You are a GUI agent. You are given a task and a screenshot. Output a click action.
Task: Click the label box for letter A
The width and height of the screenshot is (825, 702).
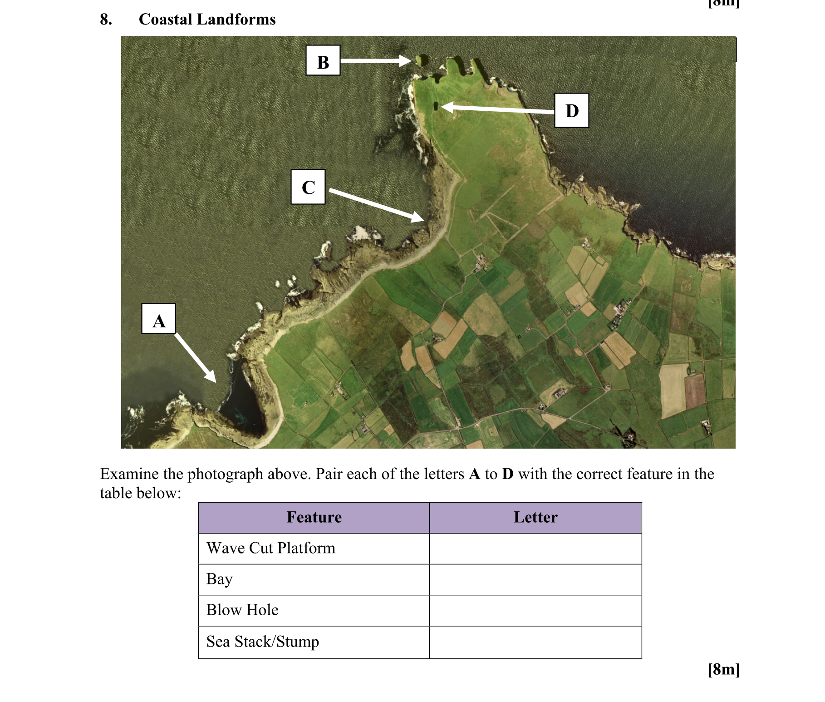point(158,319)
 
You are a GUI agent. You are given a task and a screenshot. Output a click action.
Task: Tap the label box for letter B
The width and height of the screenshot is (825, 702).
point(323,60)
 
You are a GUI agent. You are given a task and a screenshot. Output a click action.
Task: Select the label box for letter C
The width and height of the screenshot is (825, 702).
point(308,187)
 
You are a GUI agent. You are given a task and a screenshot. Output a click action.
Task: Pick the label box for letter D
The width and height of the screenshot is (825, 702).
point(571,110)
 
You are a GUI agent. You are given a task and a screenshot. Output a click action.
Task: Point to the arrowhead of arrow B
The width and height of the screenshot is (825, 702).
point(410,60)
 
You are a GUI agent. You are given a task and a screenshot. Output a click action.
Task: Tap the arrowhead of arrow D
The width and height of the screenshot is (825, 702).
point(442,107)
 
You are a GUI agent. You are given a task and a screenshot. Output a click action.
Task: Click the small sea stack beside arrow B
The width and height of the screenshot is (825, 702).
point(422,59)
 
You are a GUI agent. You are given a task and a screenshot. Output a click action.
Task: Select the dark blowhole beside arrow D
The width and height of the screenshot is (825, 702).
point(436,106)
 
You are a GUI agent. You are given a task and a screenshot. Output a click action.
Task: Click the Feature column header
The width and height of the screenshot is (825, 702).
point(314,517)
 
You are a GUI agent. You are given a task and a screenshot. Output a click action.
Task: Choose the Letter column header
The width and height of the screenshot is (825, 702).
point(535,517)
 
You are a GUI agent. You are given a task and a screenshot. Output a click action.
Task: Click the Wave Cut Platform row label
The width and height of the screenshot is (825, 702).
point(270,548)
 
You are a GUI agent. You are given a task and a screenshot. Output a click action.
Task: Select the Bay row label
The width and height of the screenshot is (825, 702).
point(219,579)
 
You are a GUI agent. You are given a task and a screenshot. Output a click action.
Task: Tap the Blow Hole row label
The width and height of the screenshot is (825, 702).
point(242,610)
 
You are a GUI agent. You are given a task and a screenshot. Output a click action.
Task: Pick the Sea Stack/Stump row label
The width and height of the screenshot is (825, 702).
point(262,642)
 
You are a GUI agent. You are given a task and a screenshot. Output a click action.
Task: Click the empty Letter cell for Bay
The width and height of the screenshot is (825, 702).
point(535,579)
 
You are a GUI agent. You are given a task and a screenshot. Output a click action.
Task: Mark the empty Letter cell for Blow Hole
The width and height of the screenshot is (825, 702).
point(535,610)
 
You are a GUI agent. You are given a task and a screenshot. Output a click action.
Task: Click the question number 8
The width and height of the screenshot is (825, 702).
point(106,19)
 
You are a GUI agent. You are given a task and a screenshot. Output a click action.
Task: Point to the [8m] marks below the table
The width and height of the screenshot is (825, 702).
point(723,669)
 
